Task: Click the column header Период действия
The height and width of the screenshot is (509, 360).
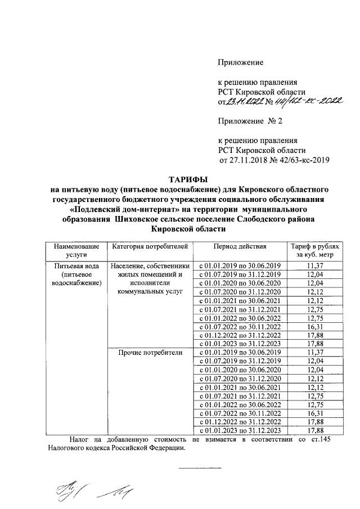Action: point(240,246)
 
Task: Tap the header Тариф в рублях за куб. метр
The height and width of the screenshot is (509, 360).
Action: point(314,250)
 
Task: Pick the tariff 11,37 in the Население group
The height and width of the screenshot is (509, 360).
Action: point(314,265)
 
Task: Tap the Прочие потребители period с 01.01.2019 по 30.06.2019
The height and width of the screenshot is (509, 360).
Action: point(240,353)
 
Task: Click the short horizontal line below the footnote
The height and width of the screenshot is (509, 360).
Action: point(200,469)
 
